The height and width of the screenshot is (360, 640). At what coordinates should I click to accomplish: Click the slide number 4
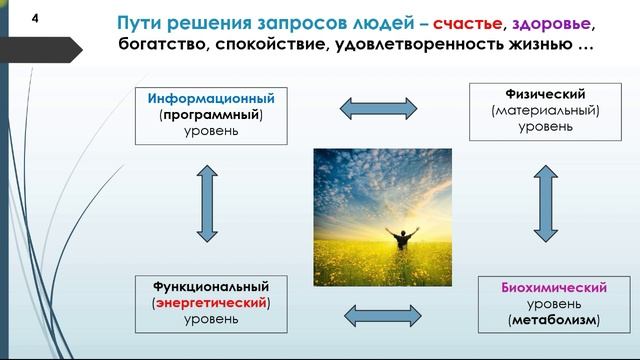pyautogui.click(x=36, y=19)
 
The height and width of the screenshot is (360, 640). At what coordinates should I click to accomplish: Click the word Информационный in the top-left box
pyautogui.click(x=210, y=99)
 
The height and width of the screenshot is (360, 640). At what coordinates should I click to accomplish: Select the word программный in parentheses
pyautogui.click(x=210, y=115)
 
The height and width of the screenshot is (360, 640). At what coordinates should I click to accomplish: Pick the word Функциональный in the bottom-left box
pyautogui.click(x=210, y=287)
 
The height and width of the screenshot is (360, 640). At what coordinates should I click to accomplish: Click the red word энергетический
pyautogui.click(x=210, y=302)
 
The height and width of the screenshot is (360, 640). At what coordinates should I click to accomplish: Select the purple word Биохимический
pyautogui.click(x=552, y=288)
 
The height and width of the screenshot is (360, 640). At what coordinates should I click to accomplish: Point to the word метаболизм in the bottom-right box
pyautogui.click(x=553, y=320)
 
